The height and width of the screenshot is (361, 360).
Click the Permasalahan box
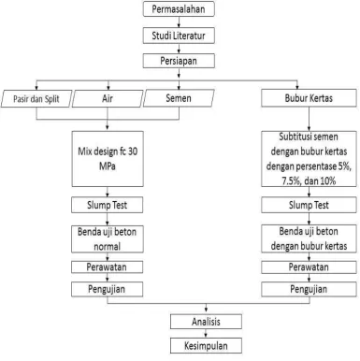click(x=179, y=8)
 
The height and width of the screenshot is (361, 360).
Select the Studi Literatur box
click(x=179, y=36)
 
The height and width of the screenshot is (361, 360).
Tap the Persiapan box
click(x=179, y=61)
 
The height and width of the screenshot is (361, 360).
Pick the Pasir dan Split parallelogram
click(x=36, y=99)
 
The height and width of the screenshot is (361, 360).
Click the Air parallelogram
click(x=108, y=98)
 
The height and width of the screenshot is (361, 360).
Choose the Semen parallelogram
click(x=179, y=98)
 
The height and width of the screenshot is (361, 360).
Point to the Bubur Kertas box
click(x=309, y=98)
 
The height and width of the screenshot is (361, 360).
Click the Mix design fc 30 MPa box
click(x=108, y=159)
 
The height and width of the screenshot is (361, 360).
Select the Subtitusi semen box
click(x=309, y=159)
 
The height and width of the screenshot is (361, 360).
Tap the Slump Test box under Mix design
click(x=108, y=205)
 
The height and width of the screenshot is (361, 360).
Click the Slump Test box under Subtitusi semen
click(x=309, y=205)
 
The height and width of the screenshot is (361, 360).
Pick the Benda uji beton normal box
click(x=108, y=239)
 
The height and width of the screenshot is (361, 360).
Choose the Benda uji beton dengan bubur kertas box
click(x=309, y=238)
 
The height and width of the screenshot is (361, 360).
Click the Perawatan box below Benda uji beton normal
click(x=108, y=267)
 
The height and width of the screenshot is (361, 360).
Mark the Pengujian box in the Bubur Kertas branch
click(x=309, y=289)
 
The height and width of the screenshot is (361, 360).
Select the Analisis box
click(x=206, y=322)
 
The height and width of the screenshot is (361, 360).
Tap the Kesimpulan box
click(x=206, y=345)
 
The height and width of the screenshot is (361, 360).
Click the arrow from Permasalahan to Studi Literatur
click(x=179, y=22)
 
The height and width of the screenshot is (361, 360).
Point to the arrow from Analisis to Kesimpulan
click(x=206, y=333)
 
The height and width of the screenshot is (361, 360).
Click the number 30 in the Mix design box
click(x=132, y=152)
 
